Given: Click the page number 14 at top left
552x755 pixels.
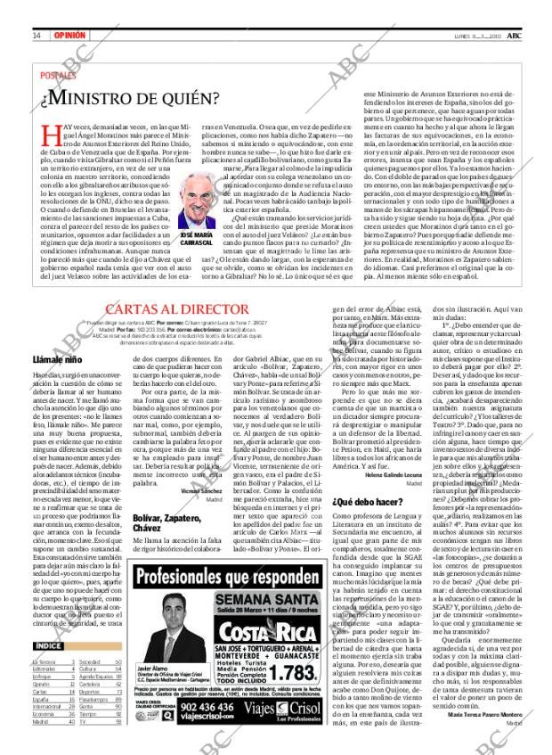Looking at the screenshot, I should [37, 36].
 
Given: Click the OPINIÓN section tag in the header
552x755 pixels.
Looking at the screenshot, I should [69, 36].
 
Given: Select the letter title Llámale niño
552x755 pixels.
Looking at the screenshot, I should [57, 359].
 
